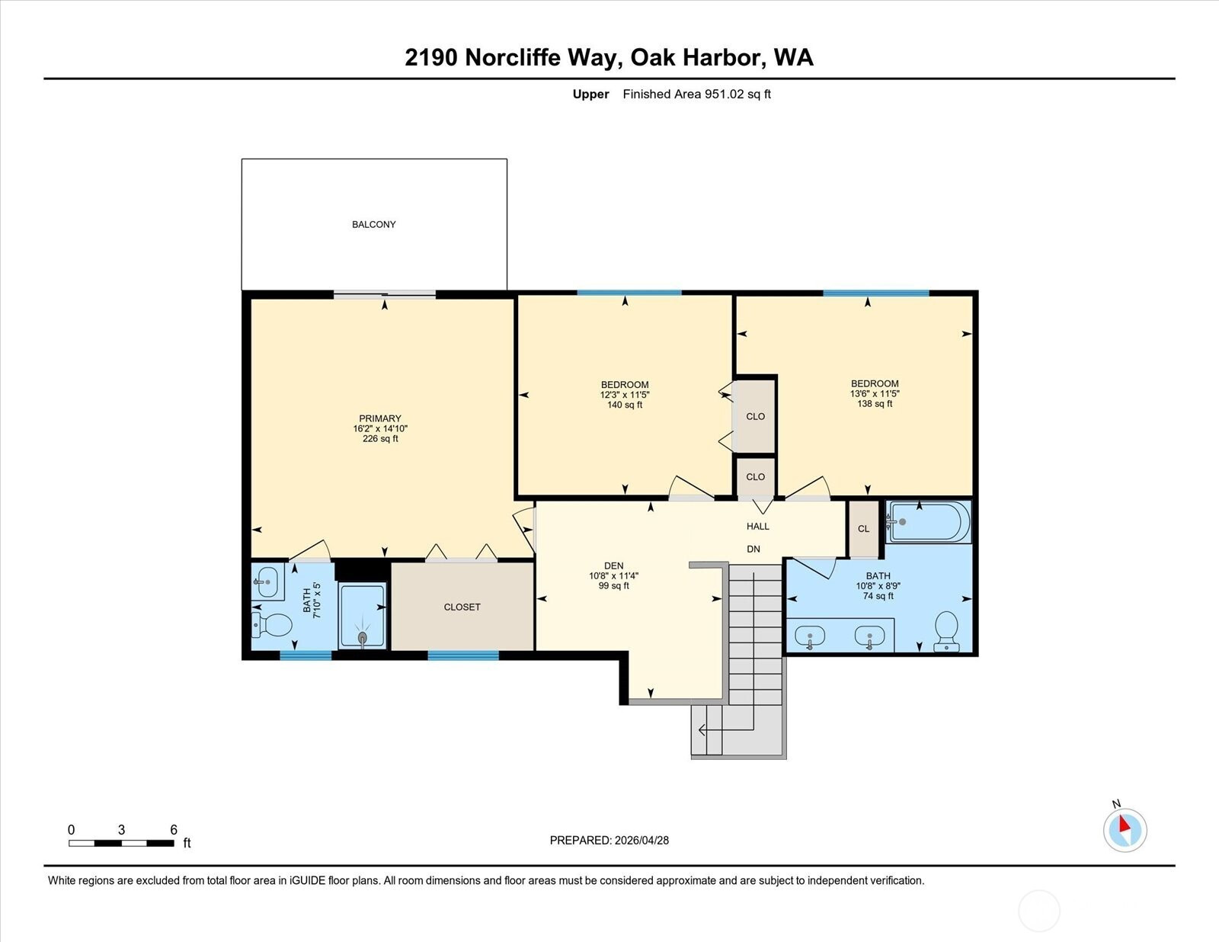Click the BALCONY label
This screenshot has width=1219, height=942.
click(373, 224)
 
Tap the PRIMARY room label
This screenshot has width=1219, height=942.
click(379, 418)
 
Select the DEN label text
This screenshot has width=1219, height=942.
click(614, 566)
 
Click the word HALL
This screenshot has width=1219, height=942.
click(758, 527)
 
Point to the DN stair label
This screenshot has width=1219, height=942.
click(753, 549)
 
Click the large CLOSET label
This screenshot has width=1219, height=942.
click(462, 607)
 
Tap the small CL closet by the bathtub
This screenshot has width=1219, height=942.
click(863, 528)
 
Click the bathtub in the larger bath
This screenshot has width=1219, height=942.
click(929, 522)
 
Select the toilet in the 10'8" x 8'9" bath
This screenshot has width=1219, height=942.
click(947, 631)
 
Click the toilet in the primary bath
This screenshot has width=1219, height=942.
click(271, 625)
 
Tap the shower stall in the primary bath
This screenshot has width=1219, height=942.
click(363, 616)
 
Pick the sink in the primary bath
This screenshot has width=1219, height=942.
click(267, 582)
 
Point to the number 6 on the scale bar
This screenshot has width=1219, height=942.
click(174, 830)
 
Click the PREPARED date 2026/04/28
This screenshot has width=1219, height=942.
click(641, 841)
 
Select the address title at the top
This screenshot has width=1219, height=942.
click(609, 57)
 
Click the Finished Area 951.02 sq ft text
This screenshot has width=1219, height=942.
click(696, 95)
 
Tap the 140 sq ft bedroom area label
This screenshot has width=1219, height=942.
click(625, 405)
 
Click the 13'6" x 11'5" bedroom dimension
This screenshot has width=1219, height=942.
click(875, 394)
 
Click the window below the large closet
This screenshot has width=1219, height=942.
click(463, 655)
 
